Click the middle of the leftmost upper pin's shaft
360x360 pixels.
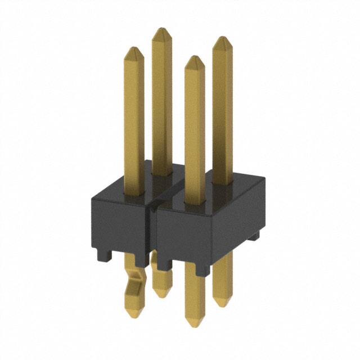tap(134, 112)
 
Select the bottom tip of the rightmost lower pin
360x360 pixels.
tap(223, 304)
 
